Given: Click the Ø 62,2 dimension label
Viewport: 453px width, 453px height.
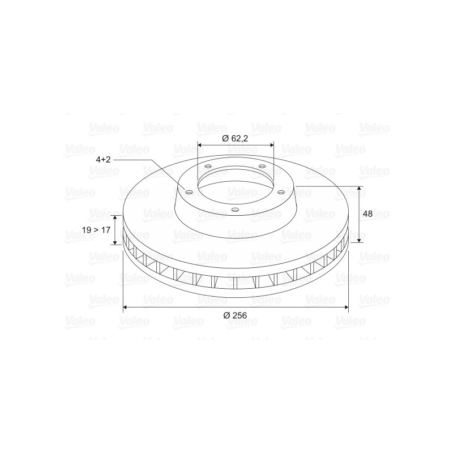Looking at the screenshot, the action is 235,138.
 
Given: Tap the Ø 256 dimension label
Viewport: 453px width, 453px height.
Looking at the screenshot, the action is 235,315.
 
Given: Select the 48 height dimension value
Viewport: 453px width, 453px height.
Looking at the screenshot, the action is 367,214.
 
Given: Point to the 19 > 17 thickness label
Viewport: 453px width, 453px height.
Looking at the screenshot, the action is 96,230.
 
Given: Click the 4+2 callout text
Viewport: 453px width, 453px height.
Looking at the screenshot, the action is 104,160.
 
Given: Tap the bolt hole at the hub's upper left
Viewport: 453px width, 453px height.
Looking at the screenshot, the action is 208,166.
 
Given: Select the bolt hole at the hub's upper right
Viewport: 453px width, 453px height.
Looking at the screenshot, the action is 262,166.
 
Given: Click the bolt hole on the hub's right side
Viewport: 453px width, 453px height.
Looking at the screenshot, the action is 281,192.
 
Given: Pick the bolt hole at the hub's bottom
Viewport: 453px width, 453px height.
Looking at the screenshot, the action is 236,210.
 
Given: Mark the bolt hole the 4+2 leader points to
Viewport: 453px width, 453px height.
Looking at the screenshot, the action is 189,193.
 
